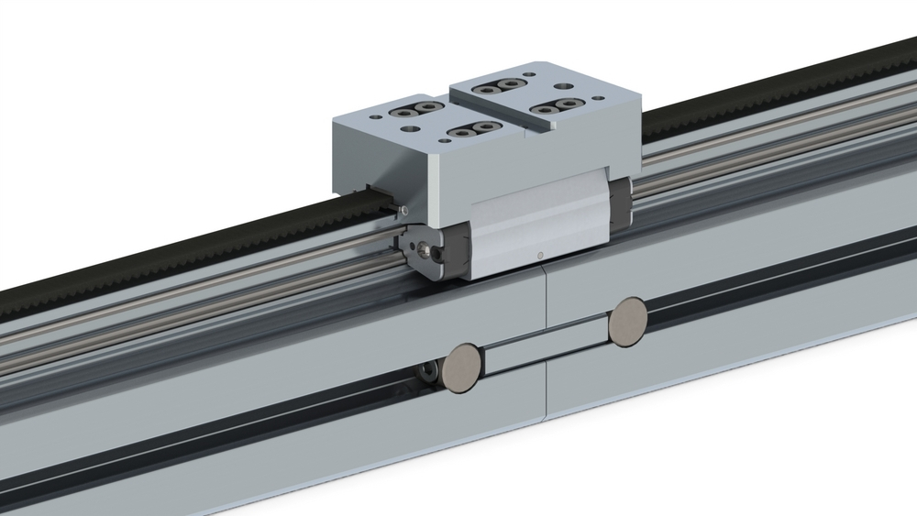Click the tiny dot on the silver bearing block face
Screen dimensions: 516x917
(x=540, y=254)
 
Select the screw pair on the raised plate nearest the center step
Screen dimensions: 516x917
(x=497, y=86)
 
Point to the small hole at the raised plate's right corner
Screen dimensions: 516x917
(x=602, y=97)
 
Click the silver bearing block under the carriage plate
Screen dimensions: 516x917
(x=541, y=229)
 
